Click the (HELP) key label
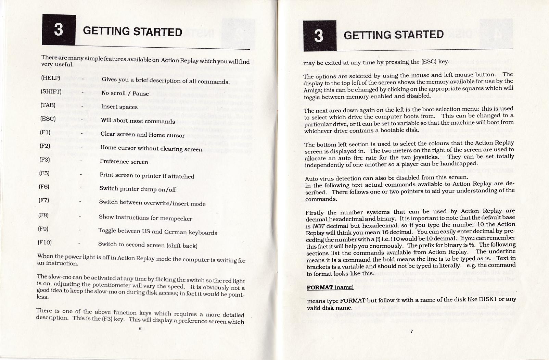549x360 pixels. tap(51, 78)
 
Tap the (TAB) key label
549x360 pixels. tap(48, 105)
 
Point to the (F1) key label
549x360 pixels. tap(46, 132)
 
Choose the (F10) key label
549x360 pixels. tap(45, 242)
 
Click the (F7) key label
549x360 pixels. tap(44, 200)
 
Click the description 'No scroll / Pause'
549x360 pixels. tap(125, 93)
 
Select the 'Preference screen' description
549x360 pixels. tap(124, 162)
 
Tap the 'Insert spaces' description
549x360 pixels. tap(119, 107)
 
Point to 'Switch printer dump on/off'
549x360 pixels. tap(138, 189)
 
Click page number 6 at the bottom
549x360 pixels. tap(140, 328)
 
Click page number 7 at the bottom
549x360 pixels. tap(411, 331)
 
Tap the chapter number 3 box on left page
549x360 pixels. tap(59, 30)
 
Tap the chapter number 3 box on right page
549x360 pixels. tap(319, 36)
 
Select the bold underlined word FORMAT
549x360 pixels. tap(320, 287)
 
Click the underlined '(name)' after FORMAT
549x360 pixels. tap(344, 287)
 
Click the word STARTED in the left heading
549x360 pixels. tap(157, 32)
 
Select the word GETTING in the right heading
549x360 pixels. tap(367, 35)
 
